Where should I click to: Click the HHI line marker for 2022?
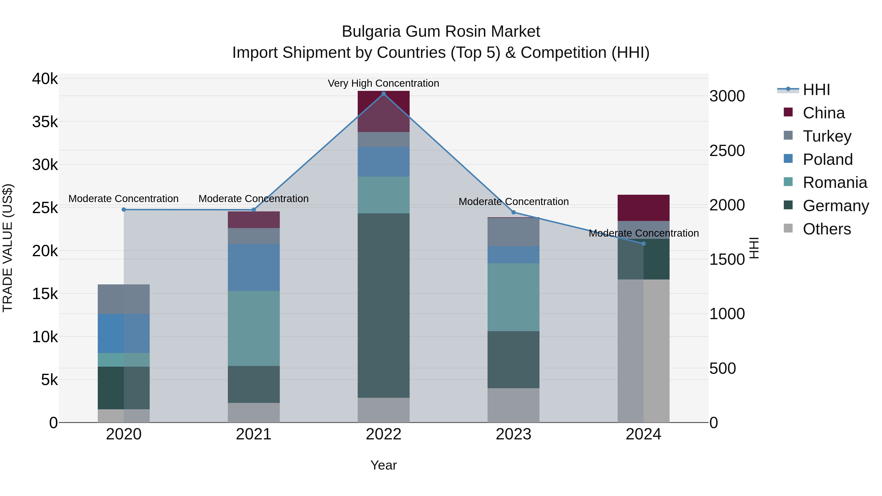(383, 94)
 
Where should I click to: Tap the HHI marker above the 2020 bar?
(124, 209)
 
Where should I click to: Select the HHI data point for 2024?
(643, 244)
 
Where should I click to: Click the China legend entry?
(823, 113)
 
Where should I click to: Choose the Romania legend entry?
(835, 183)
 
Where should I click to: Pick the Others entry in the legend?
(827, 229)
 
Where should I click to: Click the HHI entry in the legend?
(816, 90)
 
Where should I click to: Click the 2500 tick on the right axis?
(727, 151)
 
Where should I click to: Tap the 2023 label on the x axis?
(513, 434)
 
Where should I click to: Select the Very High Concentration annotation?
(383, 84)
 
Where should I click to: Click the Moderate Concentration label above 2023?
(514, 202)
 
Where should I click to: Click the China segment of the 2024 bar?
(643, 208)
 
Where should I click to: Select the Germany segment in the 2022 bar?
(383, 305)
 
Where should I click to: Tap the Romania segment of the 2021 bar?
(254, 328)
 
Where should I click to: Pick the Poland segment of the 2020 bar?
(124, 333)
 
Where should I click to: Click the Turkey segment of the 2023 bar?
(513, 232)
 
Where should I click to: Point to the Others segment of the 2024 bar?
(643, 351)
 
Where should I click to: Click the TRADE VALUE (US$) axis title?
(8, 248)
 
